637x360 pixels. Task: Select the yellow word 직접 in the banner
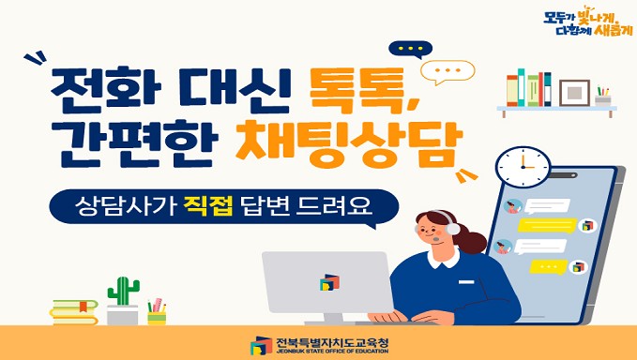pos(208,206)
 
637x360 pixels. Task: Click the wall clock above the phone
pos(523,167)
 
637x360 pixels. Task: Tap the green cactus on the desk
pos(123,291)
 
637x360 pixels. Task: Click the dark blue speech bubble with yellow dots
pos(410,50)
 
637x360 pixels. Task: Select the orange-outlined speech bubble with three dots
pos(447,72)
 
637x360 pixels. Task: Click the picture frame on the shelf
pos(574,93)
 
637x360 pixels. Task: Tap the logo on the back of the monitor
pos(329,282)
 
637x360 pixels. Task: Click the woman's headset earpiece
pos(452,229)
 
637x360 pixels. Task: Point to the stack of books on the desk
pos(74,312)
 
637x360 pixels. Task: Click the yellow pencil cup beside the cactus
pos(157,318)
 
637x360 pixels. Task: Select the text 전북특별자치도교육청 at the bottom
pos(332,343)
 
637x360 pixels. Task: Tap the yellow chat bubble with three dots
pos(549,266)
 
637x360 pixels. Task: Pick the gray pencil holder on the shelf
pos(603,100)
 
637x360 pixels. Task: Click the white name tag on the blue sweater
pos(466,281)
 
